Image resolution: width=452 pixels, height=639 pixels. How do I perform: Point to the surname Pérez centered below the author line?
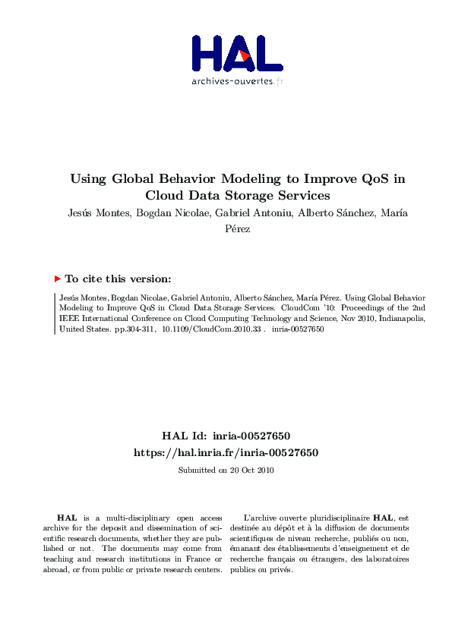coord(237,228)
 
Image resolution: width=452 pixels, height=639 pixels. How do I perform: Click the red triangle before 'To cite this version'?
coord(58,279)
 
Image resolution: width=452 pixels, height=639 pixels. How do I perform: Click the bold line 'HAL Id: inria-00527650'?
coord(226,436)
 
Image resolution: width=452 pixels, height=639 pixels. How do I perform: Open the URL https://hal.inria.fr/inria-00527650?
coord(226,452)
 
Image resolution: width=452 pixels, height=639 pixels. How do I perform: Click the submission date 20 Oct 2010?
coord(251,470)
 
